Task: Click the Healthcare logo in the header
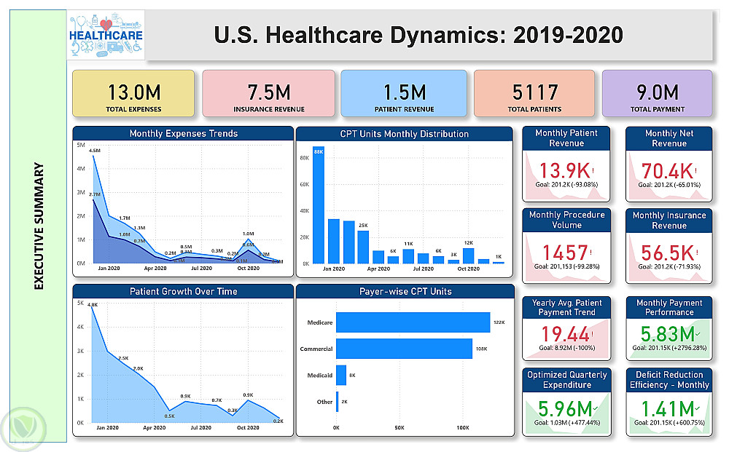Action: [x=106, y=34]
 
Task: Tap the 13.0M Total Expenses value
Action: [x=133, y=92]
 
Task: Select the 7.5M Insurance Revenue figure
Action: [x=268, y=92]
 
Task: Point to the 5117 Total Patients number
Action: [x=536, y=92]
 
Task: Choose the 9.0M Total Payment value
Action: [x=658, y=92]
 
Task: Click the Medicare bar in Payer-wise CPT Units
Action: [x=413, y=322]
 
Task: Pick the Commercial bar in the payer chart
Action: [x=404, y=349]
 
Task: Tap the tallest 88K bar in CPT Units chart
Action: [x=319, y=205]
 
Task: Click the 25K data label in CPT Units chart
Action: [x=362, y=226]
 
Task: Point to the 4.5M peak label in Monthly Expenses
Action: [x=94, y=151]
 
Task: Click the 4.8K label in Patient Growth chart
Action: [x=93, y=306]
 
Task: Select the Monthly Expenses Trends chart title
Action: [x=183, y=134]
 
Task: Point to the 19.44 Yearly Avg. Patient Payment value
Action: [x=564, y=334]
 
